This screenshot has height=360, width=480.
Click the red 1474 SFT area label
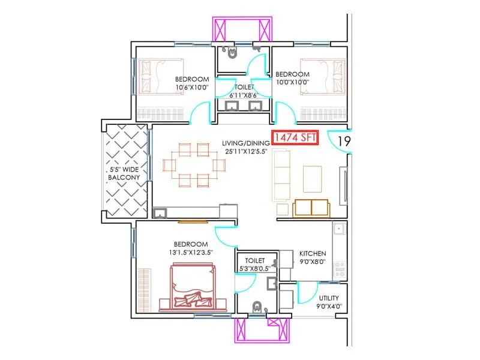(x=295, y=139)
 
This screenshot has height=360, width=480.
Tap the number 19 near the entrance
(x=344, y=142)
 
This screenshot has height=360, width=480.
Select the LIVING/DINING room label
(x=245, y=143)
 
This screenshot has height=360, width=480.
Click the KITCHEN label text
(x=313, y=254)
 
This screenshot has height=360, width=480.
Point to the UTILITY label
(x=328, y=298)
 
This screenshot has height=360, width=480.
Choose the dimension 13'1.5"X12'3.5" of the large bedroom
(x=191, y=252)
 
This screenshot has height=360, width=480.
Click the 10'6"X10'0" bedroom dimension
(x=192, y=88)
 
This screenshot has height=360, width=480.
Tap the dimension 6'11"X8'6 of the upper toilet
(x=244, y=95)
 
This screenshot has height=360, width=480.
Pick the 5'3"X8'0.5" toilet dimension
(x=255, y=269)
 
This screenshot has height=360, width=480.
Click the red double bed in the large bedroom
(x=192, y=288)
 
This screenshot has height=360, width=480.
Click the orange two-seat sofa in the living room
(x=311, y=208)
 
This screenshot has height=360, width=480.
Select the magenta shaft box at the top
(x=244, y=28)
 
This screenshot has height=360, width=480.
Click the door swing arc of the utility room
(x=308, y=294)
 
